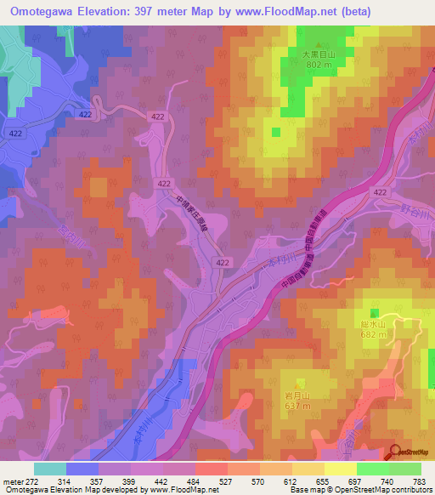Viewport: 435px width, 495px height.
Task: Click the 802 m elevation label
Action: point(319,64)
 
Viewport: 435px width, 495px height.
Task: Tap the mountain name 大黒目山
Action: point(319,53)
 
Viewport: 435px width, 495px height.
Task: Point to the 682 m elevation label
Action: point(374,334)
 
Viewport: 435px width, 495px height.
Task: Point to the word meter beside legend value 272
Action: point(14,481)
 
